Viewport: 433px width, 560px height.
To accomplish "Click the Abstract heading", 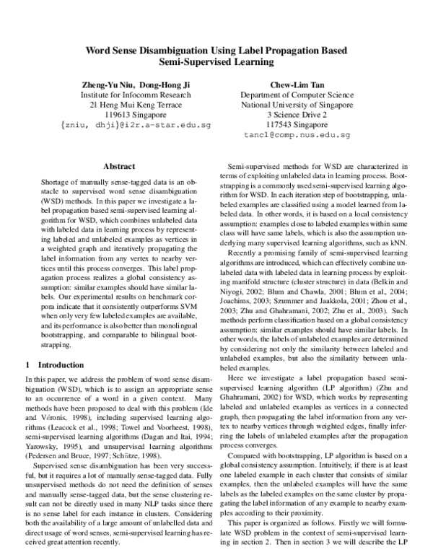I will (119, 166).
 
